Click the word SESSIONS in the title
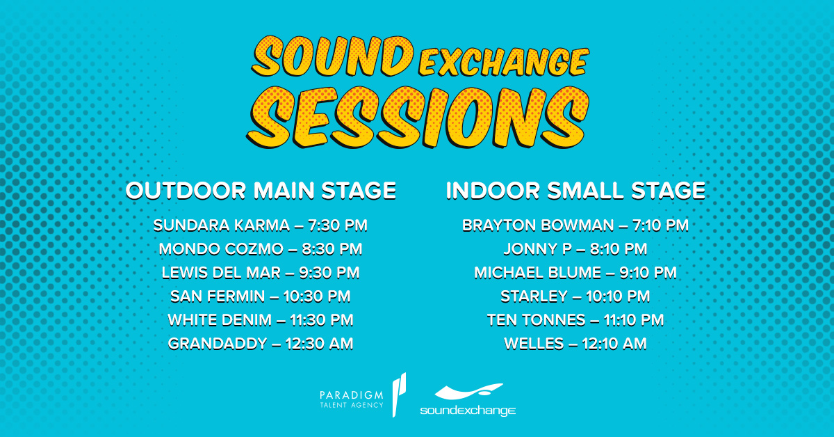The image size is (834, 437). tap(418, 118)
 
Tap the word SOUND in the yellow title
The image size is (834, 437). tap(333, 56)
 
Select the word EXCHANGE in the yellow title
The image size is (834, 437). tap(504, 61)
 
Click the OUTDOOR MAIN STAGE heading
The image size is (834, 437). tap(261, 191)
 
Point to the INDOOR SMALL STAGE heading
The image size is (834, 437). tap(575, 191)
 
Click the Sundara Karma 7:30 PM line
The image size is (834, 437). tap(261, 225)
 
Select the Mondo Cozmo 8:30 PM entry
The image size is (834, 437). tap(261, 249)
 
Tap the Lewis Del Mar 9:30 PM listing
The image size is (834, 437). tap(261, 273)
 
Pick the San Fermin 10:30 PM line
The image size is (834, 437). tap(261, 296)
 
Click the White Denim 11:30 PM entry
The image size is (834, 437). tap(261, 320)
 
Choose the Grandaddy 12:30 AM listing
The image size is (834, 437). tap(261, 344)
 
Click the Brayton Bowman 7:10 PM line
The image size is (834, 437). tap(575, 225)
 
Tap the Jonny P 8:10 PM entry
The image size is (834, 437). tap(575, 249)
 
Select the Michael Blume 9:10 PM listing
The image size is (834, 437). tap(575, 273)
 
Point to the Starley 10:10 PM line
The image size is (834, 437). tap(575, 296)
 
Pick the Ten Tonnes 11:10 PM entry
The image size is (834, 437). tap(575, 320)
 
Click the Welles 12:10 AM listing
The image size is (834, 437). tap(575, 344)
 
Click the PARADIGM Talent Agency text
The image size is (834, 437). tap(352, 399)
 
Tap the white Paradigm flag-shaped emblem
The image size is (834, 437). tap(399, 395)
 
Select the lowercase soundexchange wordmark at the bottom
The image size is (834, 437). tap(468, 411)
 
